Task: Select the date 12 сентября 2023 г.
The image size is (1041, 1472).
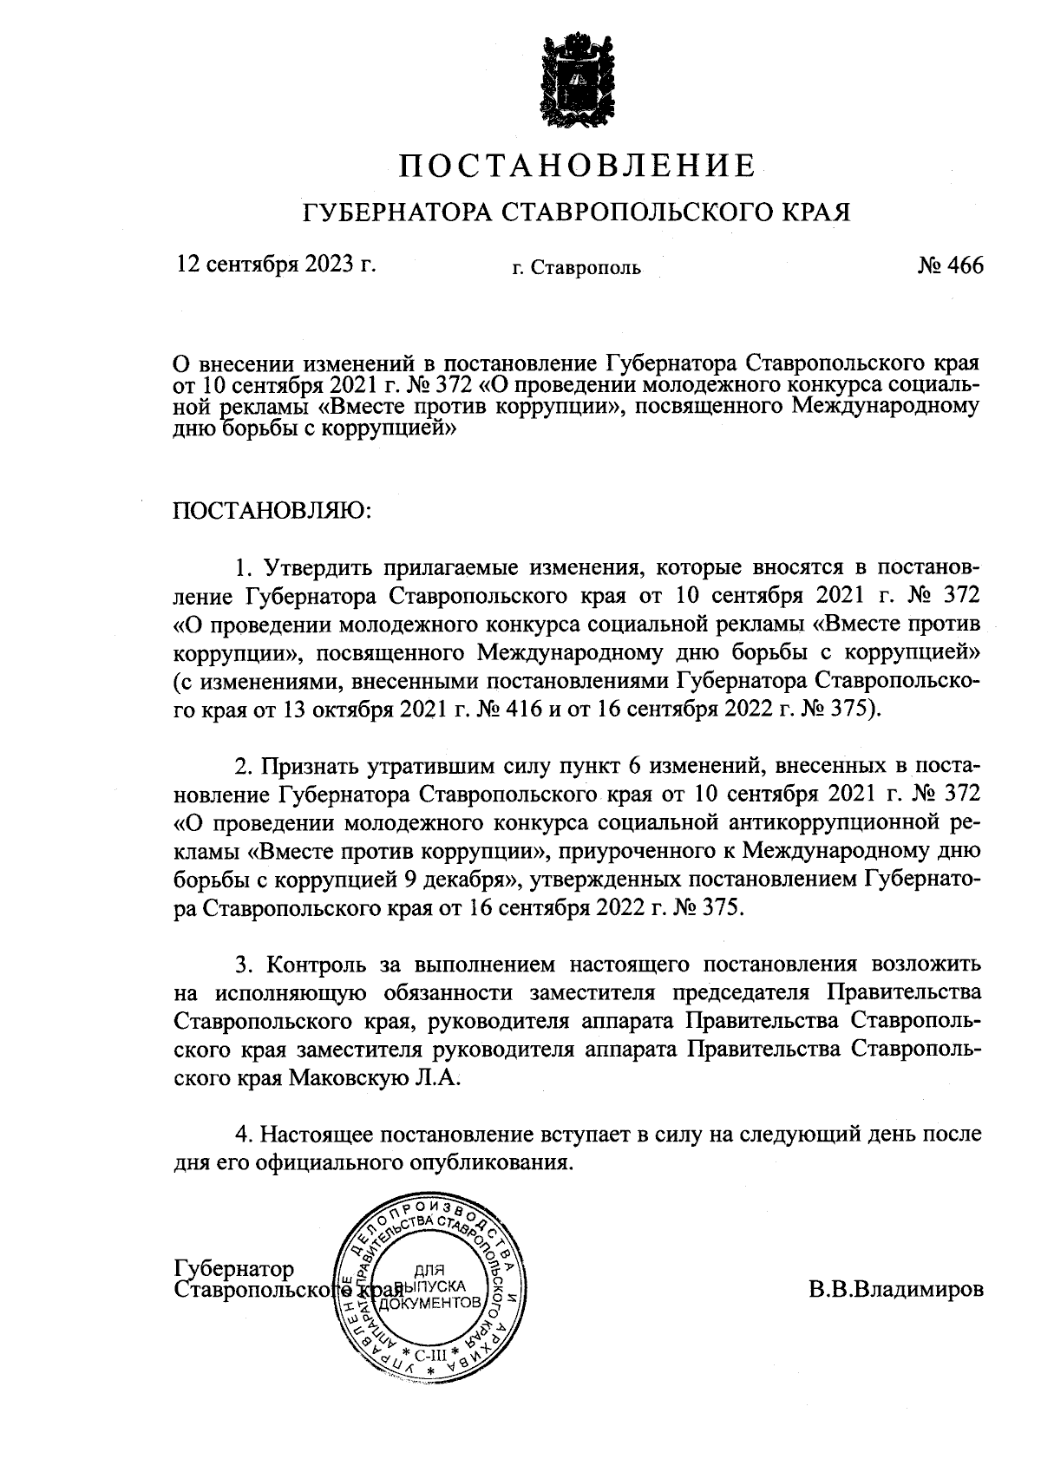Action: point(276,264)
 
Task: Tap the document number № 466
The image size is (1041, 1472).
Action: point(950,265)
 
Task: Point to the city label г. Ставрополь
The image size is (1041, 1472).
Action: point(576,268)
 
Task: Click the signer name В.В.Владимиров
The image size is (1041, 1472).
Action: point(896,1288)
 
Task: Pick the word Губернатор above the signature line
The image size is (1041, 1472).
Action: point(234,1269)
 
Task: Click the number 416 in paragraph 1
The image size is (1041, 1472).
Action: point(520,709)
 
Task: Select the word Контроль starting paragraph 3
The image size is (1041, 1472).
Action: point(317,965)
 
